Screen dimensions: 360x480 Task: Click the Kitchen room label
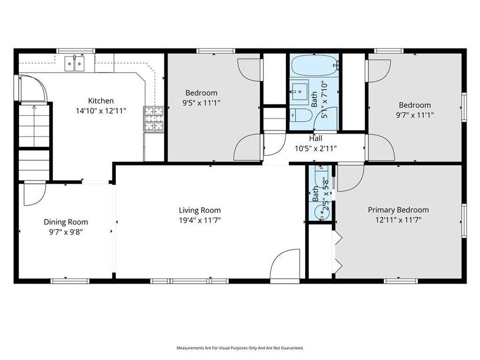101,100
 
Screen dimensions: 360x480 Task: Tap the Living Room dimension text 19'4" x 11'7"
199,219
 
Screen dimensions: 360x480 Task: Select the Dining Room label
66,222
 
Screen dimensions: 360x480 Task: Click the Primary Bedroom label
398,210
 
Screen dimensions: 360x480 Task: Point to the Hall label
315,139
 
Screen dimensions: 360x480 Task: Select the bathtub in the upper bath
314,66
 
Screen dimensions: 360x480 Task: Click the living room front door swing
285,265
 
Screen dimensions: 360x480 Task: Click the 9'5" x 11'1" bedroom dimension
201,102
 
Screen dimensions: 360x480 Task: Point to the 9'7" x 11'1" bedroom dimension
413,114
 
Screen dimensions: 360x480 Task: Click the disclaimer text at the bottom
240,348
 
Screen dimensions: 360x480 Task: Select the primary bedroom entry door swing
349,178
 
